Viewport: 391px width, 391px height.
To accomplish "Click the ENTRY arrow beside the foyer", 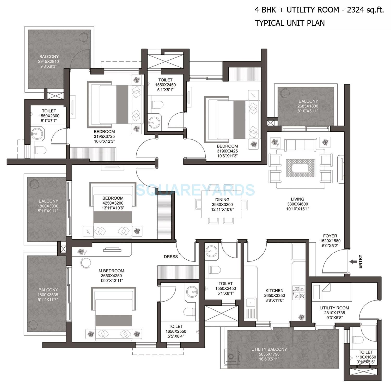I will (353, 261).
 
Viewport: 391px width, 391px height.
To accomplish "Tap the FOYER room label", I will (330, 236).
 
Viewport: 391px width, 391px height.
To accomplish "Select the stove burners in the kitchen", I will (299, 292).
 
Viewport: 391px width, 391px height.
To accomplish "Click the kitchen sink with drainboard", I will (251, 308).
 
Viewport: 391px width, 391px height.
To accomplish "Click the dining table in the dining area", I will (221, 205).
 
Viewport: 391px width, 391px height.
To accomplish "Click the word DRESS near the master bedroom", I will (171, 257).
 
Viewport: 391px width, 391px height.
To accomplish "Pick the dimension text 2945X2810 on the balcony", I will (48, 62).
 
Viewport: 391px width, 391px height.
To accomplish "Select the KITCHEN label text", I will (274, 290).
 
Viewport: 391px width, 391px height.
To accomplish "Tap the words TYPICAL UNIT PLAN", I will (290, 23).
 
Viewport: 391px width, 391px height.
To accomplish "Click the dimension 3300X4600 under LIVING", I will (297, 204).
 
